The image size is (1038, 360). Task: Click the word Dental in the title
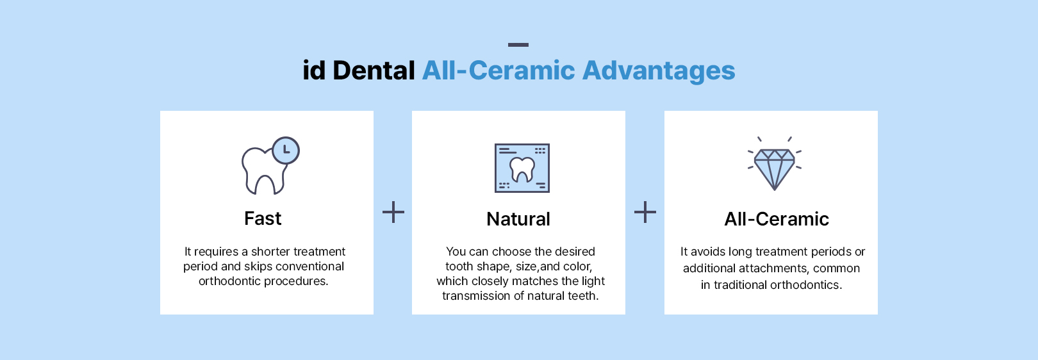[x=374, y=70]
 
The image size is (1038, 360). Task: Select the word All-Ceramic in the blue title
[x=498, y=70]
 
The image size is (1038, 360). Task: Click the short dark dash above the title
[x=518, y=45]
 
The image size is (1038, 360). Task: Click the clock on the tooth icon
[x=286, y=150]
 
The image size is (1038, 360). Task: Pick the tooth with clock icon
[x=270, y=165]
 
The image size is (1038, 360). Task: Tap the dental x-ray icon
[x=522, y=168]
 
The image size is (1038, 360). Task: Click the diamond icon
[x=774, y=163]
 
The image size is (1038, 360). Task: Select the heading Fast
[x=263, y=218]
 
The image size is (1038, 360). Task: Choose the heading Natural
[x=518, y=219]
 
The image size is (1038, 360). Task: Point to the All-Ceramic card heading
[x=777, y=219]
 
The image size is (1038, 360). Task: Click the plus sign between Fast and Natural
[x=393, y=212]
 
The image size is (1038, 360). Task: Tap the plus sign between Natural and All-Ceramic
[x=645, y=212]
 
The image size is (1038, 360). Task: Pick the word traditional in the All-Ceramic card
[x=740, y=285]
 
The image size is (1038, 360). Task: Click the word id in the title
[x=314, y=70]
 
